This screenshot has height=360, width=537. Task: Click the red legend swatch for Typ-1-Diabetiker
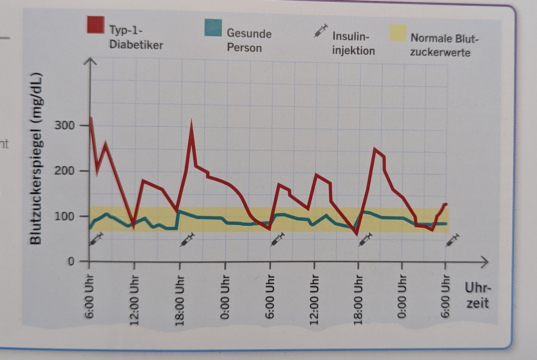pyautogui.click(x=95, y=24)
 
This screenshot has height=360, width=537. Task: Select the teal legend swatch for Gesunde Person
pyautogui.click(x=213, y=28)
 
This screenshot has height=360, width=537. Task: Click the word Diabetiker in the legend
pyautogui.click(x=136, y=45)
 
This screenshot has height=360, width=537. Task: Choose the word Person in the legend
pyautogui.click(x=244, y=48)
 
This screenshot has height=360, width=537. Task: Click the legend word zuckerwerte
pyautogui.click(x=440, y=52)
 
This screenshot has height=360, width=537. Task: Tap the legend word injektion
pyautogui.click(x=353, y=51)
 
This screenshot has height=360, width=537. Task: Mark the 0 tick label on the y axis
pyautogui.click(x=71, y=262)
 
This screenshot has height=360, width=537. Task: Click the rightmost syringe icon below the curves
pyautogui.click(x=452, y=240)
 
